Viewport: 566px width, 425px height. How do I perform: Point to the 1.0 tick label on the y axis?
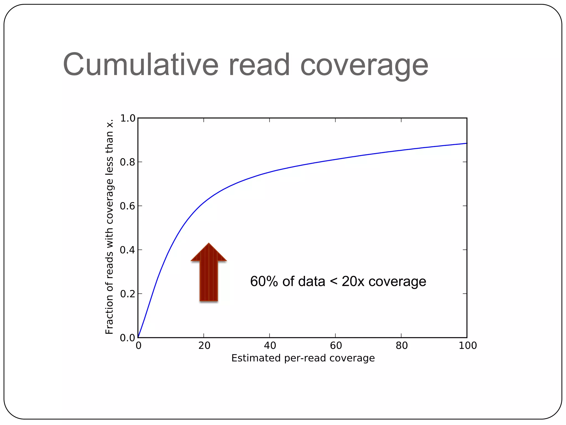coord(127,118)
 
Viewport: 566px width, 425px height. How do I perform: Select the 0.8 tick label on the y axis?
coord(127,162)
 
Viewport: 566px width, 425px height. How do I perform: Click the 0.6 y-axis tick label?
coord(127,206)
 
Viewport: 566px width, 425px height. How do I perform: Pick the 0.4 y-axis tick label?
coord(127,250)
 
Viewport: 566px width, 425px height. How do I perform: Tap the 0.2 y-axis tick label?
coord(127,294)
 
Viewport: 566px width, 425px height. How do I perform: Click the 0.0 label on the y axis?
coord(127,338)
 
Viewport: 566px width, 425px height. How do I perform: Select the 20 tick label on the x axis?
coord(204,346)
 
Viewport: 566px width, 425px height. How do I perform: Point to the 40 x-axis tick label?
coord(270,346)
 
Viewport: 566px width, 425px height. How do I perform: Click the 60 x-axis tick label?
coord(336,346)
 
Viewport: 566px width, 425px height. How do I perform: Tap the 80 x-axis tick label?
coord(401,346)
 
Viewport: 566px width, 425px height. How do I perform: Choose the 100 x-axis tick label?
coord(467,346)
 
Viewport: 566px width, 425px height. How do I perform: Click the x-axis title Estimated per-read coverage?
coord(303,358)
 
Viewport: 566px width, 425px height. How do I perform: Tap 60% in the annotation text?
coord(264,281)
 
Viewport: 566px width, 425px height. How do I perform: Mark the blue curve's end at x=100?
coord(466,143)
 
